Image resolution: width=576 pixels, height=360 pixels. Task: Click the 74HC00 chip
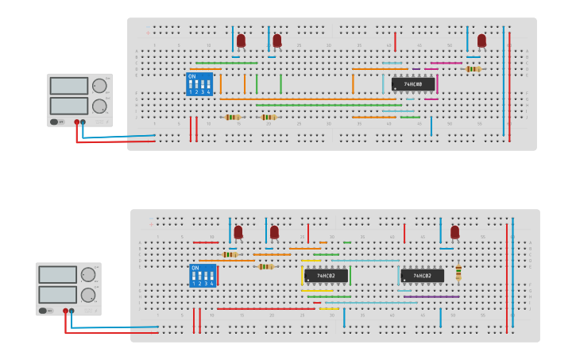pyautogui.click(x=412, y=83)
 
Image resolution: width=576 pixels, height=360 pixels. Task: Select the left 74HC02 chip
pyautogui.click(x=326, y=276)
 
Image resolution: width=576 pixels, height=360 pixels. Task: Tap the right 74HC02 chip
pyautogui.click(x=422, y=276)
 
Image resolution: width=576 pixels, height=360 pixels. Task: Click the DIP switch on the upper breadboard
pyautogui.click(x=199, y=84)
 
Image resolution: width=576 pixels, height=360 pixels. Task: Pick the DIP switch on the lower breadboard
pyautogui.click(x=203, y=276)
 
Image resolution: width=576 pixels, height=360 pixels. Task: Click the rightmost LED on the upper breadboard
pyautogui.click(x=481, y=40)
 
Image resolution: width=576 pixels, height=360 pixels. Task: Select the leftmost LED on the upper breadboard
pyautogui.click(x=241, y=40)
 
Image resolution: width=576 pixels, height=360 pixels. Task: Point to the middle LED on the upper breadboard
pyautogui.click(x=276, y=40)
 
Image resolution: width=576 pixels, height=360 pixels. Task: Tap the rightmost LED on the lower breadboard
pyautogui.click(x=454, y=232)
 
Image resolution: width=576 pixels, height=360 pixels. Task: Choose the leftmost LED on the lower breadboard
pyautogui.click(x=238, y=232)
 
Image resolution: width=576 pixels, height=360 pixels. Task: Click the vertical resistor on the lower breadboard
pyautogui.click(x=458, y=273)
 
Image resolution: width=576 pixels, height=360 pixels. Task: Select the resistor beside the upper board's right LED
pyautogui.click(x=474, y=69)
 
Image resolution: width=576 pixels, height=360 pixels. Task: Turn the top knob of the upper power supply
pyautogui.click(x=99, y=86)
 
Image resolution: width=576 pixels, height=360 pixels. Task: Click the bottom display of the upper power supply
pyautogui.click(x=69, y=106)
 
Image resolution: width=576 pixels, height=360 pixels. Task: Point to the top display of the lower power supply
pyautogui.click(x=58, y=275)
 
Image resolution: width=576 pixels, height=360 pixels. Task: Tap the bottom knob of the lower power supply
pyautogui.click(x=88, y=295)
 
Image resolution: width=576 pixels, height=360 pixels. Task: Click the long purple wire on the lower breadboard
pyautogui.click(x=431, y=296)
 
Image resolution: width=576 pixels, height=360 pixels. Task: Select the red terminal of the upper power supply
pyautogui.click(x=77, y=122)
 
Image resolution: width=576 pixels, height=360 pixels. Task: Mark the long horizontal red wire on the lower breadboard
pyautogui.click(x=266, y=308)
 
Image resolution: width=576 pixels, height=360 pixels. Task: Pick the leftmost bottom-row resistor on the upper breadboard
pyautogui.click(x=232, y=117)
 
